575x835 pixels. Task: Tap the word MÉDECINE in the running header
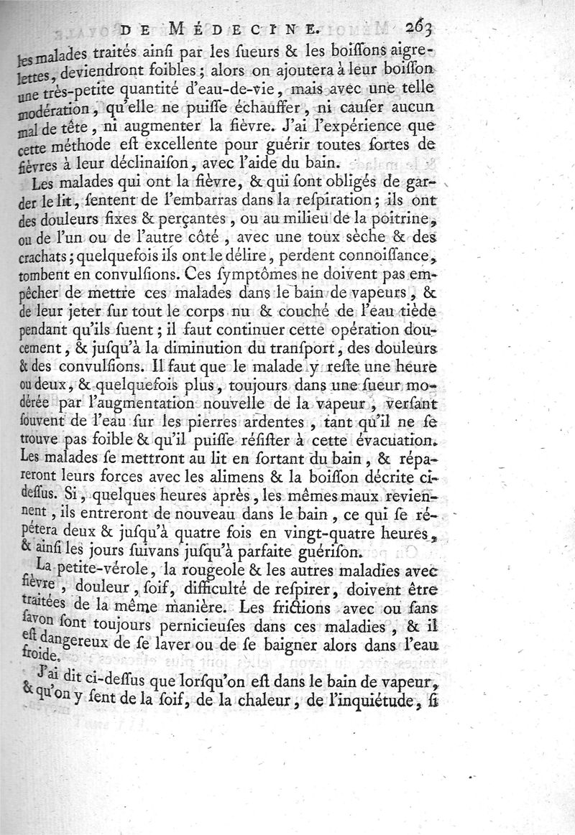click(250, 29)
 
